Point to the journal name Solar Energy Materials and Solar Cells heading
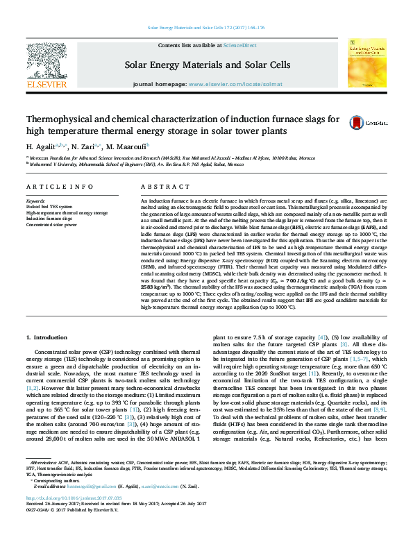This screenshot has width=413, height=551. [207, 65]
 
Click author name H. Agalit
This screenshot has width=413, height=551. [41, 148]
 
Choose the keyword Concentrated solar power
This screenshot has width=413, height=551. [51, 225]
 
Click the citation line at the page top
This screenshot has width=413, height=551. [206, 28]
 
